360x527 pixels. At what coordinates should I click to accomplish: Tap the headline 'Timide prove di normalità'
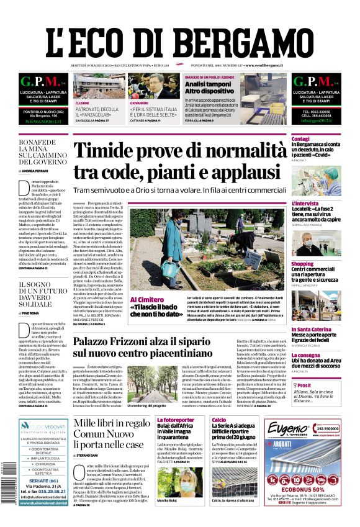pos(180,151)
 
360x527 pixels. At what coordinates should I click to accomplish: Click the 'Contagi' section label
pos(300,138)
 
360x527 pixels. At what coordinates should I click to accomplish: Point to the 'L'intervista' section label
pos(305,203)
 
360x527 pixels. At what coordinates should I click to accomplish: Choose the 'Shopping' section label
pos(302,264)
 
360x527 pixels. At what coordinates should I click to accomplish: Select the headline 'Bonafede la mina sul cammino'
pos(42,153)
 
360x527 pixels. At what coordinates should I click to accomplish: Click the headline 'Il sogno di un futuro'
pos(42,294)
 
